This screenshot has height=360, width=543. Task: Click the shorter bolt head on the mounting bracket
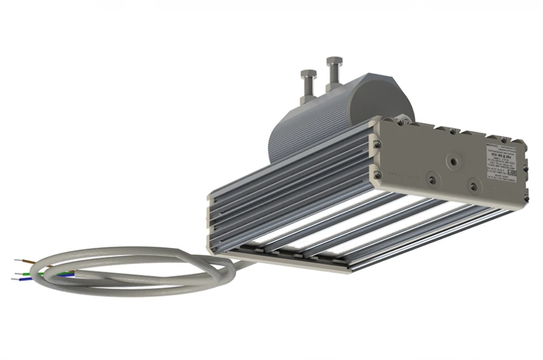[306, 74]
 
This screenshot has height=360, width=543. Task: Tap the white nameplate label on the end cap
[501, 160]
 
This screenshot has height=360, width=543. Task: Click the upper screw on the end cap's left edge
[378, 144]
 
